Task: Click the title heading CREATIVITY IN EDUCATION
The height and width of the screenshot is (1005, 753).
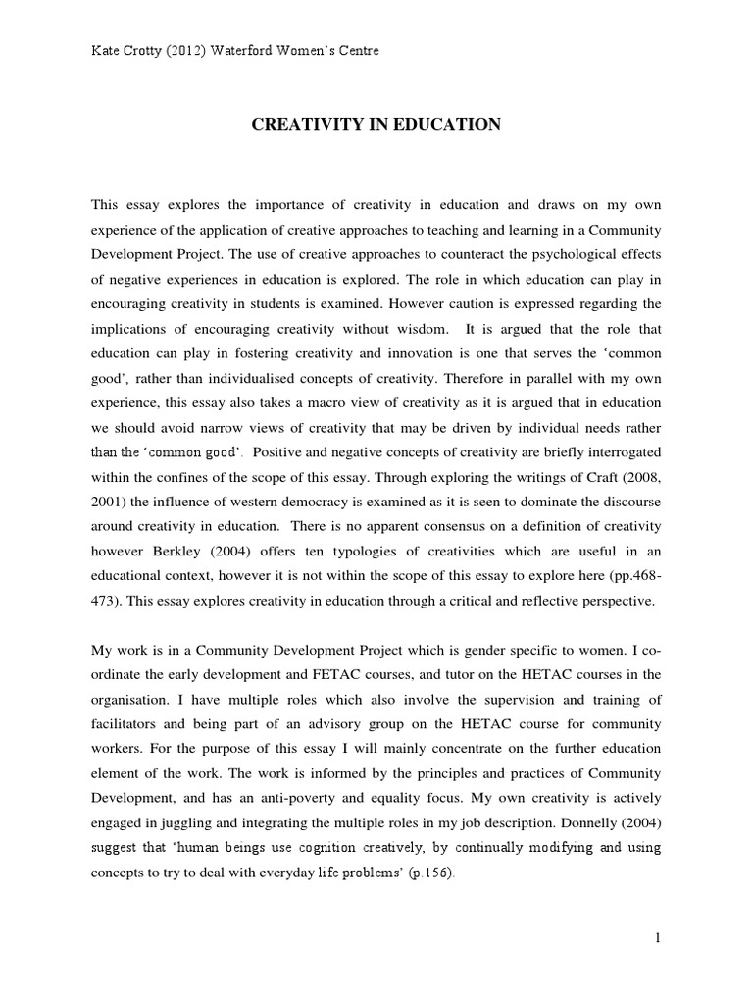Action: pyautogui.click(x=377, y=124)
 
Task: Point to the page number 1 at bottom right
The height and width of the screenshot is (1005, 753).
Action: pyautogui.click(x=659, y=938)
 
